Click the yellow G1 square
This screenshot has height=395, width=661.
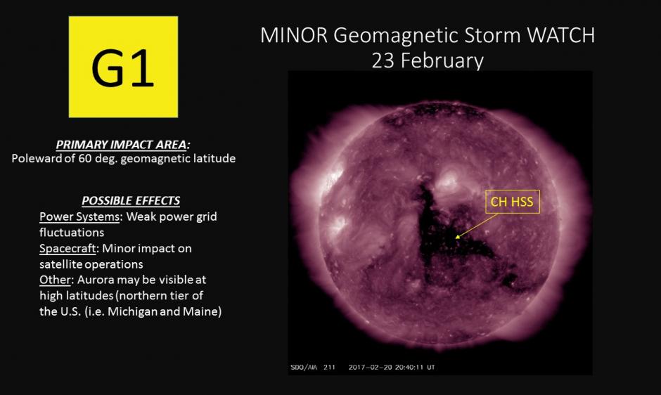tap(123, 67)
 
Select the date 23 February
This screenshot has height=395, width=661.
tap(428, 60)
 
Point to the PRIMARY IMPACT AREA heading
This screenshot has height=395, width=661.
tap(123, 145)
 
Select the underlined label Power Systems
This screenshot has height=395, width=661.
tap(79, 216)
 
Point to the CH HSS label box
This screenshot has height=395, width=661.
tap(513, 202)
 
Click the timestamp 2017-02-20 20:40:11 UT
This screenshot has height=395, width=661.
tap(392, 367)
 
